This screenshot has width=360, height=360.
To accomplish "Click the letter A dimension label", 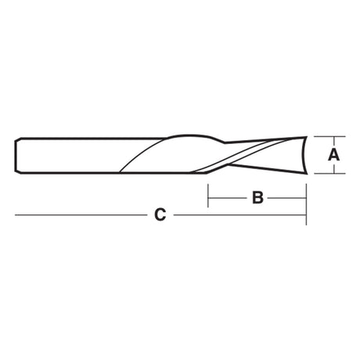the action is coord(333,155).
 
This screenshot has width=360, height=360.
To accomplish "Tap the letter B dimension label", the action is coord(257,198).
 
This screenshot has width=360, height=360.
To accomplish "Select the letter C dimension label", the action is coord(160,215).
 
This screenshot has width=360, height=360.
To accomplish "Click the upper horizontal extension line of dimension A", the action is coord(329,136).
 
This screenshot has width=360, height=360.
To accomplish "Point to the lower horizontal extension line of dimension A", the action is coord(329,173).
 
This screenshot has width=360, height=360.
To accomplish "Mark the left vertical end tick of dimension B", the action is coord(208,196).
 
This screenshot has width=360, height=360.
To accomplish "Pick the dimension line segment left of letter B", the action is coord(227,198).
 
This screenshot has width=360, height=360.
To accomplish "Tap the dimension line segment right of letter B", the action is coord(287,198).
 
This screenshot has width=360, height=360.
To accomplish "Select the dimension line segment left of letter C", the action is coord(81,215).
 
